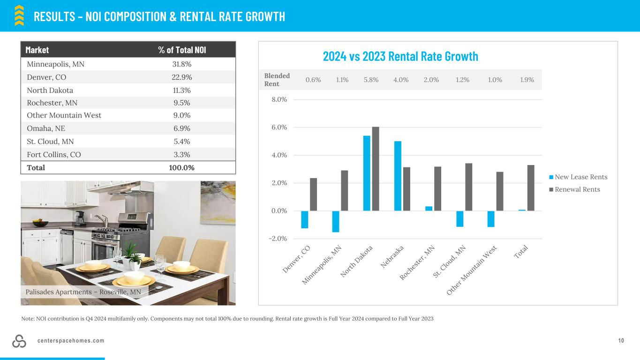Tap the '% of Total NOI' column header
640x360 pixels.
[x=182, y=50]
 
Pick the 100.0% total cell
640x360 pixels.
[x=182, y=167]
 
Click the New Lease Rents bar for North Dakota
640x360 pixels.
[x=367, y=173]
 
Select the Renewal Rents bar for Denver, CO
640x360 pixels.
[x=314, y=194]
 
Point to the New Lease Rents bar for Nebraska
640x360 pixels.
[x=398, y=176]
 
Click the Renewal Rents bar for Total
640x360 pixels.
[x=531, y=187]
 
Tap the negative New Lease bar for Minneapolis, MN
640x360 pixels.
[x=336, y=221]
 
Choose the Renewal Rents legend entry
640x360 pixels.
[x=577, y=189]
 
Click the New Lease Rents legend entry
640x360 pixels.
[x=580, y=177]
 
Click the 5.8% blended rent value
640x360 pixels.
[x=371, y=80]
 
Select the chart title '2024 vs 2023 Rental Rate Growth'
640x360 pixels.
[x=400, y=56]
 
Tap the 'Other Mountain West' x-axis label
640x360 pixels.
[x=471, y=270]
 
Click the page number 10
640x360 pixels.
[x=621, y=341]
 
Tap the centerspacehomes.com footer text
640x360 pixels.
[x=71, y=341]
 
